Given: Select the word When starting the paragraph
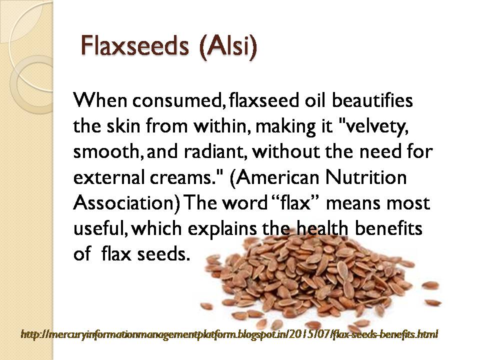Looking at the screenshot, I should pyautogui.click(x=99, y=100).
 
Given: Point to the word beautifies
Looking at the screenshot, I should pyautogui.click(x=370, y=100).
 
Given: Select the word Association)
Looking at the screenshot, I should pyautogui.click(x=128, y=203).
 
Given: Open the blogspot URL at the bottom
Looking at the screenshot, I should pyautogui.click(x=229, y=333).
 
